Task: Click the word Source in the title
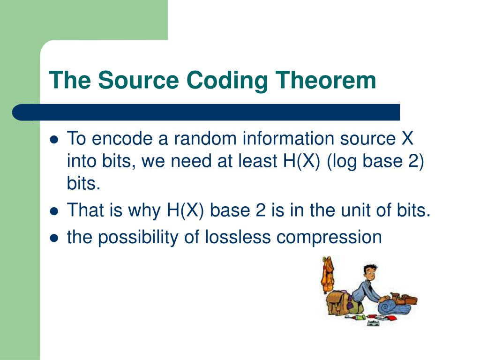tap(138, 80)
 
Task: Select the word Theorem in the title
tap(325, 80)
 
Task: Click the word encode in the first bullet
tap(122, 138)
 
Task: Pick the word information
tap(288, 138)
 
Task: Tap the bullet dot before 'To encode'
tap(54, 140)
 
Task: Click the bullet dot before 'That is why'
tap(54, 211)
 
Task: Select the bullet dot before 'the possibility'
tap(54, 238)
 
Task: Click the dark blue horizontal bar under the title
tap(206, 112)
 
